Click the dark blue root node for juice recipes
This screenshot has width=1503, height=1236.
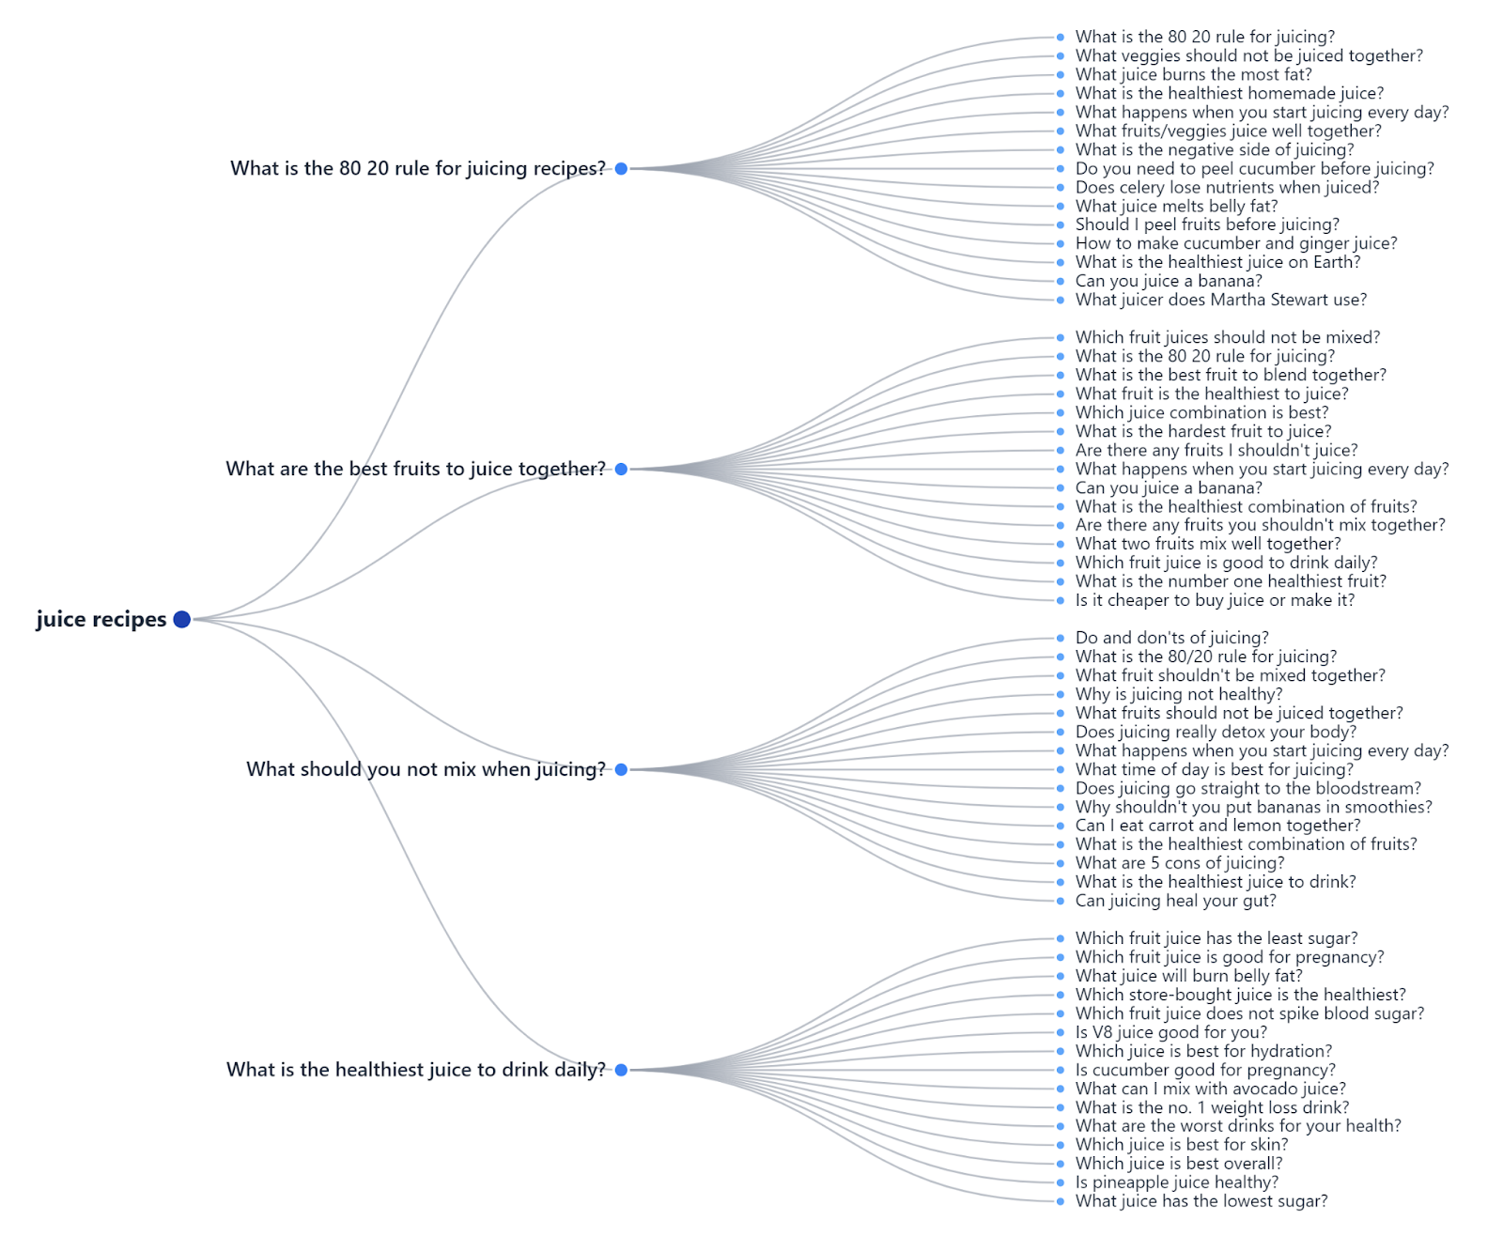(x=182, y=619)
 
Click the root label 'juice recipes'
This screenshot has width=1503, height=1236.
(x=101, y=619)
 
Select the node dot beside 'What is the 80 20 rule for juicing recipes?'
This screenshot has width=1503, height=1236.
(x=621, y=168)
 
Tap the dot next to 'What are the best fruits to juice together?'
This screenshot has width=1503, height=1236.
(x=621, y=469)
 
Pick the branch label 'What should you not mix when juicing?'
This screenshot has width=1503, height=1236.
(x=426, y=769)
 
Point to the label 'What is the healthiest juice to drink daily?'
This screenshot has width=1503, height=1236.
(x=416, y=1070)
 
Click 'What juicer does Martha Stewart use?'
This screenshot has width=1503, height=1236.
(x=1220, y=300)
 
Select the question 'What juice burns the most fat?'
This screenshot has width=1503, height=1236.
(x=1193, y=74)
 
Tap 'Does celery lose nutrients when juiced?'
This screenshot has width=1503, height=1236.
(x=1227, y=187)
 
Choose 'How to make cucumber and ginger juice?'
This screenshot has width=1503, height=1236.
(x=1236, y=243)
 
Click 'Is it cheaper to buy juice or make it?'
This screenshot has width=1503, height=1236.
(x=1215, y=600)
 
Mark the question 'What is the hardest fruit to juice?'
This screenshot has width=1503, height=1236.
(x=1203, y=431)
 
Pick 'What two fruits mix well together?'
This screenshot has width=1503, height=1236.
(x=1208, y=544)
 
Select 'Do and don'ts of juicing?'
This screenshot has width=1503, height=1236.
(x=1171, y=638)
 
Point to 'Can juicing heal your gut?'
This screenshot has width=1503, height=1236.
(x=1175, y=901)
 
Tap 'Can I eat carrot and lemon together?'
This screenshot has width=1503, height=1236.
(x=1217, y=826)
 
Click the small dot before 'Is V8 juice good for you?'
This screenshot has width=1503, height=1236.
(x=1061, y=1032)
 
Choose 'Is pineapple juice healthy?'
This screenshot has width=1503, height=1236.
(x=1176, y=1182)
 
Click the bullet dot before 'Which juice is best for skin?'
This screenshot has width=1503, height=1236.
(x=1061, y=1145)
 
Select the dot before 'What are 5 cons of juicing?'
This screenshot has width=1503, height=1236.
(x=1061, y=863)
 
